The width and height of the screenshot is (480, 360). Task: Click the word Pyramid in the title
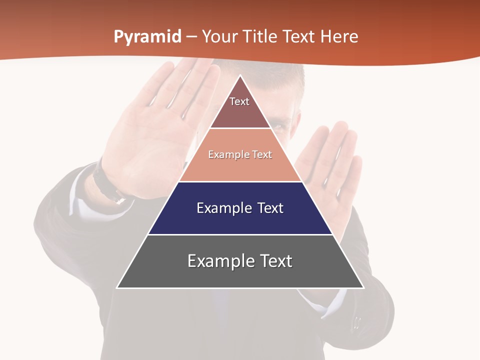[147, 37]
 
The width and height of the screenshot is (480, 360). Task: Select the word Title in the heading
[262, 37]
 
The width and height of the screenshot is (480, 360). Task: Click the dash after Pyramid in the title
[191, 37]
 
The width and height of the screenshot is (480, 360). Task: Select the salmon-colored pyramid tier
[240, 165]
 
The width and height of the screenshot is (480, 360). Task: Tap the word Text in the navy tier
[270, 208]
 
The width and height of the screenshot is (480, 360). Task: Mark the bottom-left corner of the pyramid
[118, 287]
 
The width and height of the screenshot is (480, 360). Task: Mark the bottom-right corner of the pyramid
[362, 287]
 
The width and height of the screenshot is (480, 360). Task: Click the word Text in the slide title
[300, 37]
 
